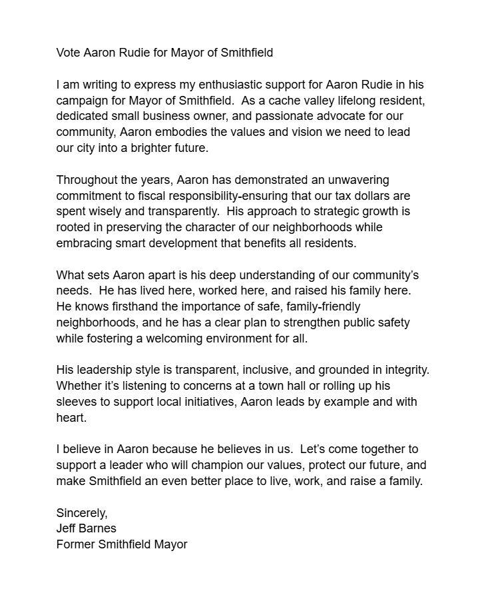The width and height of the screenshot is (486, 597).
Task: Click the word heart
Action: (x=71, y=417)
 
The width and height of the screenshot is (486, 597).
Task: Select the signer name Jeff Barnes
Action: (x=86, y=528)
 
